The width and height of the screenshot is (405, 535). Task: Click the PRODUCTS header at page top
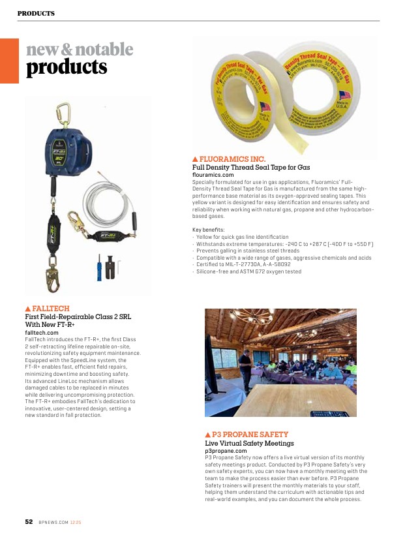36,13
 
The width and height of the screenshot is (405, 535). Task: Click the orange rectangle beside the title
9,61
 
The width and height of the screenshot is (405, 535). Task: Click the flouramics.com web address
213,176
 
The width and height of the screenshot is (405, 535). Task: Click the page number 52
29,522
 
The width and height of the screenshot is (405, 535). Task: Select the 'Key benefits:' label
209,230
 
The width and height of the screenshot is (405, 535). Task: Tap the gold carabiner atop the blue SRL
64,113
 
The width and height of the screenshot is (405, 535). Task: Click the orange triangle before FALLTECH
28,308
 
